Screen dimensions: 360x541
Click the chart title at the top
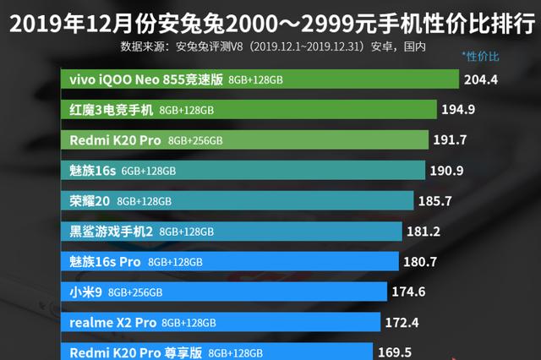pos(270,18)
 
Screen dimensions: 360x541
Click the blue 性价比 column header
pos(480,57)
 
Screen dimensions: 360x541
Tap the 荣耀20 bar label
pos(90,201)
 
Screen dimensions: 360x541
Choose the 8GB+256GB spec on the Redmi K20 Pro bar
pos(195,140)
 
